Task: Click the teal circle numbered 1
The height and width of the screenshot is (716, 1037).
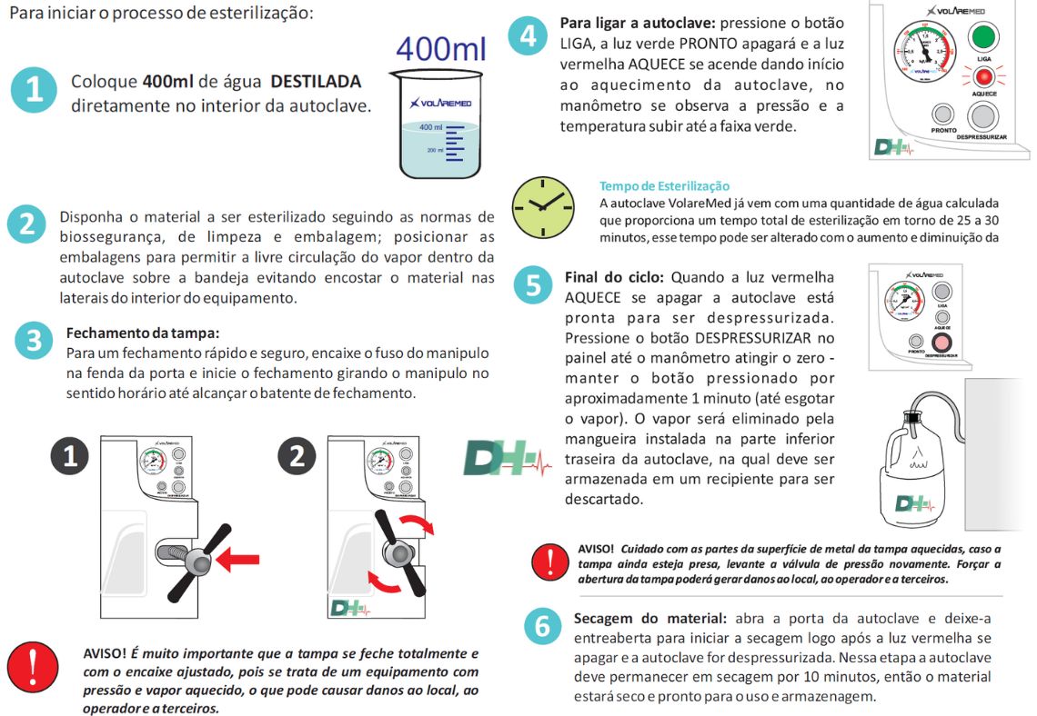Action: point(34,90)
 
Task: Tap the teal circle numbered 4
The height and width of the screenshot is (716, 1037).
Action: point(528,39)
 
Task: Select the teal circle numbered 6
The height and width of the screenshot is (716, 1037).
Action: point(542,627)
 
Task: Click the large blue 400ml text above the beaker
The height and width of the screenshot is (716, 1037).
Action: point(440,50)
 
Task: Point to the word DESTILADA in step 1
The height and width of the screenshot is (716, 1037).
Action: point(316,82)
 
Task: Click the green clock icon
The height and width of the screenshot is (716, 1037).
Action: point(542,207)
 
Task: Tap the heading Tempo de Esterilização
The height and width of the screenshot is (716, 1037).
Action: point(664,186)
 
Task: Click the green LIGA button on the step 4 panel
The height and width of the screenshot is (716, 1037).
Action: point(982,37)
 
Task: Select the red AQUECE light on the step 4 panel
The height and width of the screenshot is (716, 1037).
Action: point(982,77)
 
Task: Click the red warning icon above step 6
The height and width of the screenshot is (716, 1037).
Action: point(551,562)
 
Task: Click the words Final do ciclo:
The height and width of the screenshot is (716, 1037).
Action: point(614,276)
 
